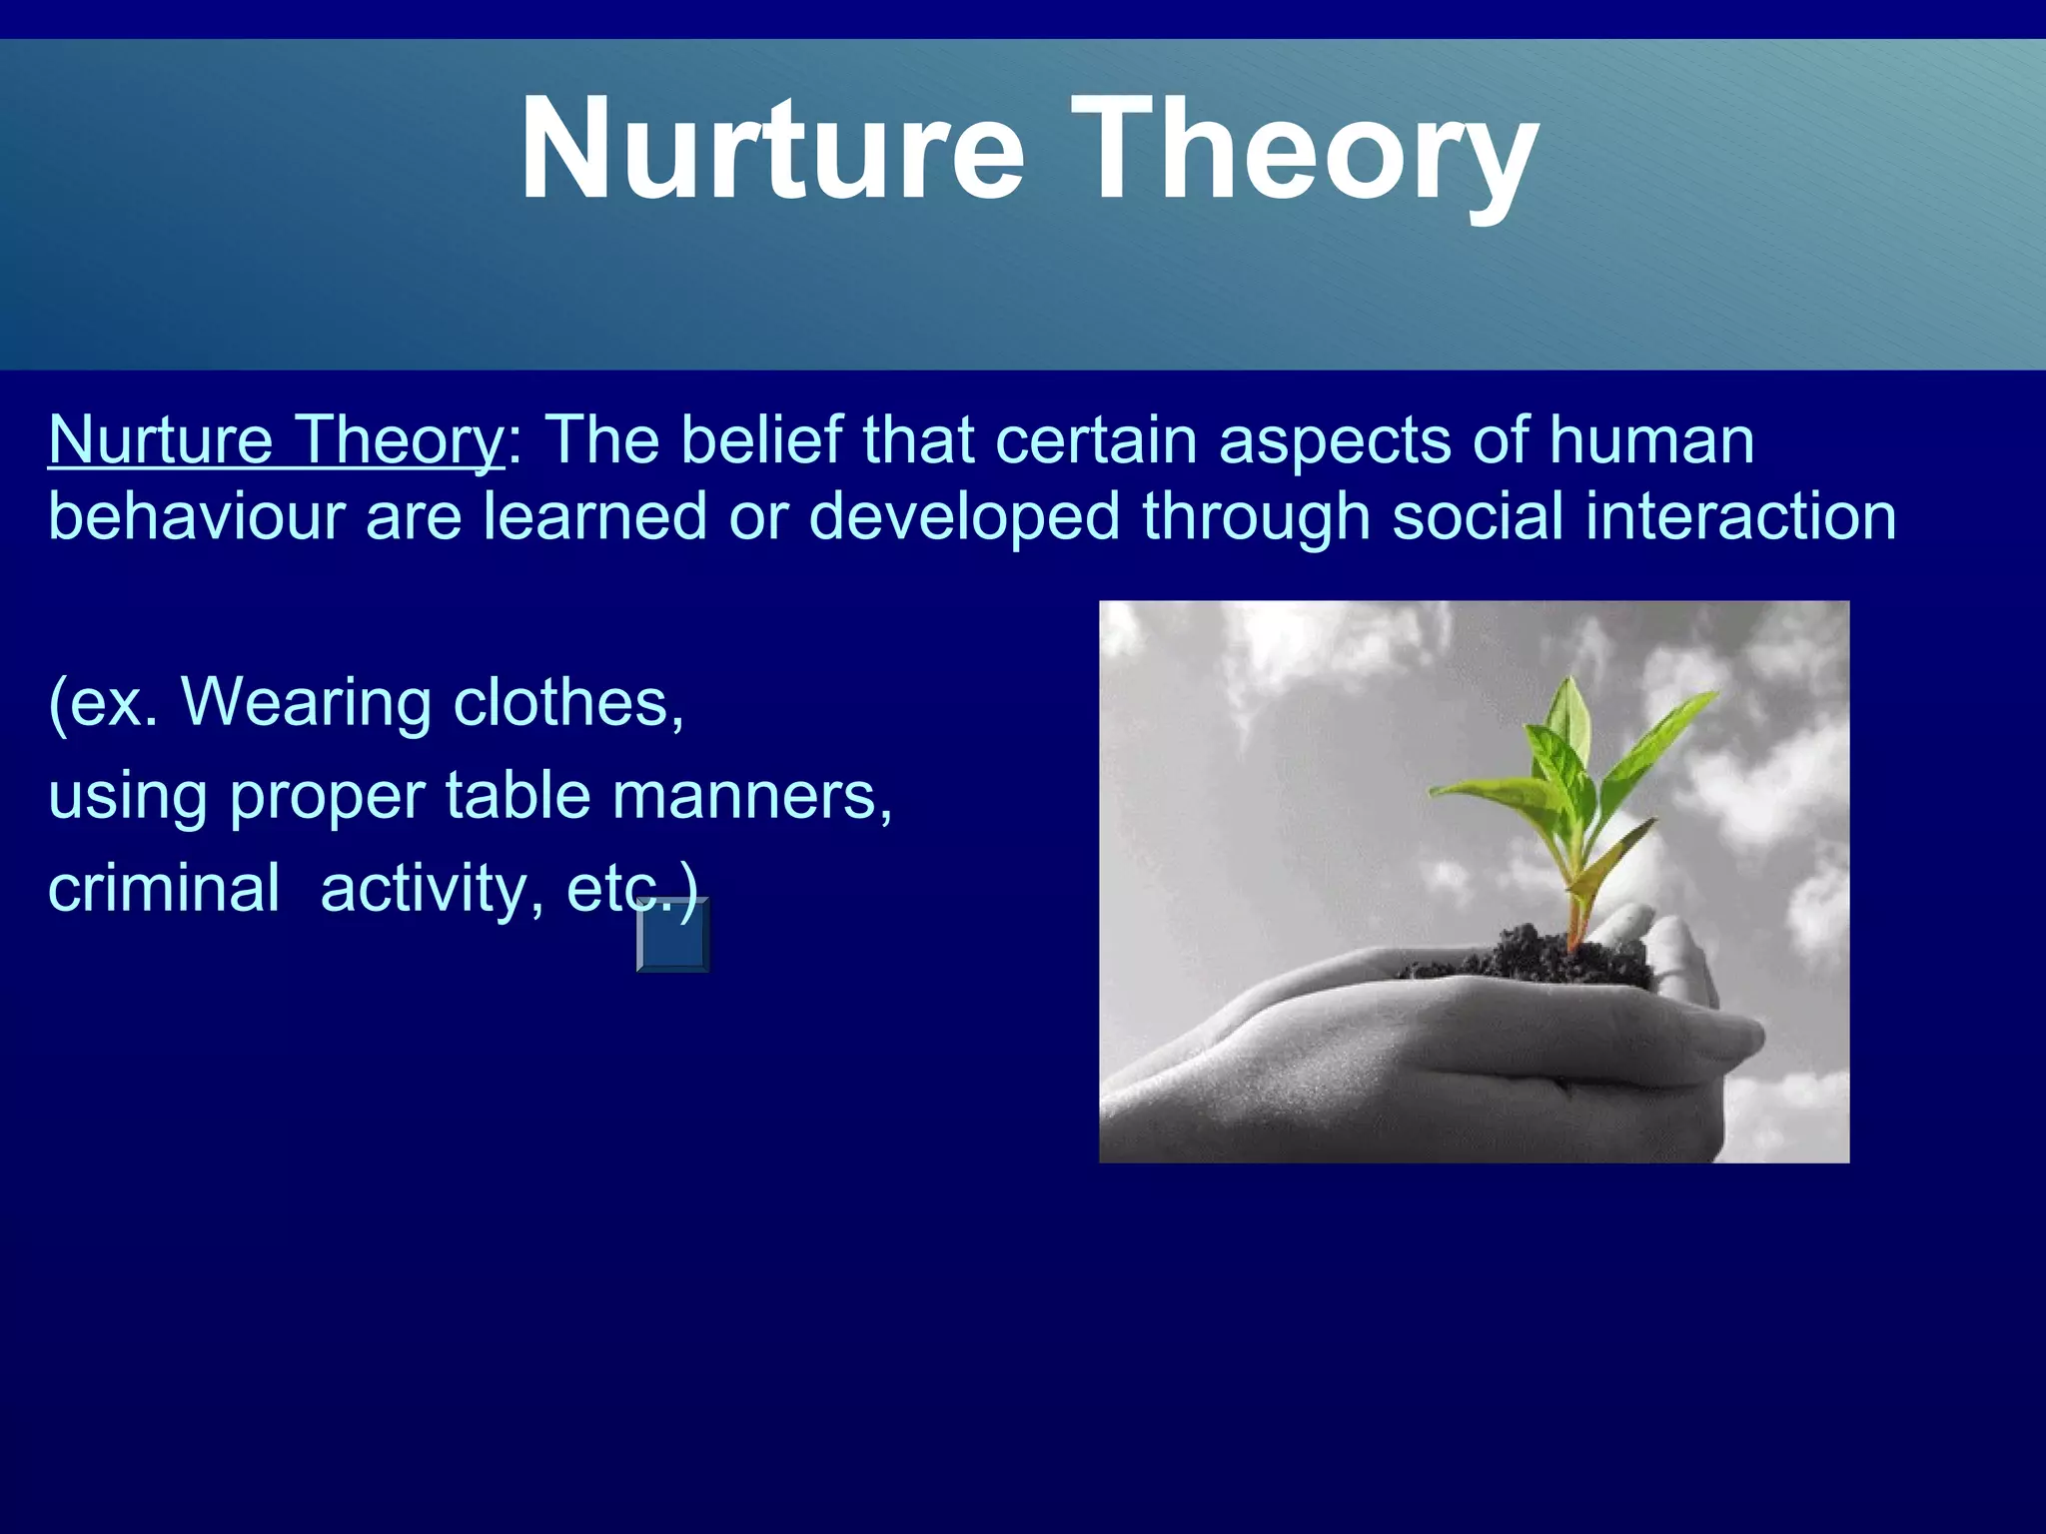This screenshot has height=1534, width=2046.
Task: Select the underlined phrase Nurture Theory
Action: tap(277, 440)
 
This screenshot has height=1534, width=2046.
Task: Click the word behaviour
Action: tap(196, 516)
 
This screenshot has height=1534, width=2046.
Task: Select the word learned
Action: tap(595, 516)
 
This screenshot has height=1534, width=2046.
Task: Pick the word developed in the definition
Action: tap(964, 516)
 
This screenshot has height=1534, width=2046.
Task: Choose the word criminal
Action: tap(164, 888)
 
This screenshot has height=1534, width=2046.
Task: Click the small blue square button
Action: tap(673, 936)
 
